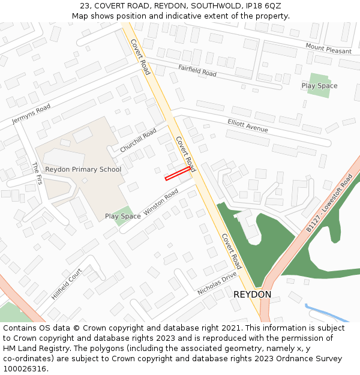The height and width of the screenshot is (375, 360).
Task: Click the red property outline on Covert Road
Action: [x=178, y=174]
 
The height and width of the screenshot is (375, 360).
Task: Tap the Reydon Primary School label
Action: [x=83, y=169]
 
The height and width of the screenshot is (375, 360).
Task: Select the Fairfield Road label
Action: [x=197, y=70]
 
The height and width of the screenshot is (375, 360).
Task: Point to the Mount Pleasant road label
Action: [x=328, y=49]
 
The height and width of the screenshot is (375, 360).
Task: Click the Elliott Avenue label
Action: [x=248, y=125]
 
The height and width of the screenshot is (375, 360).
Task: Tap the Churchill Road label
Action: [x=138, y=140]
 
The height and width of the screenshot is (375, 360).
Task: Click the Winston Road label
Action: [x=161, y=203]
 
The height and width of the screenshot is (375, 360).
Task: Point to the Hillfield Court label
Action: [x=67, y=283]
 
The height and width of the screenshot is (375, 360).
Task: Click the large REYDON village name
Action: [x=252, y=295]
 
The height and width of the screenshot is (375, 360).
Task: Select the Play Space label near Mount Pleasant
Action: [x=319, y=86]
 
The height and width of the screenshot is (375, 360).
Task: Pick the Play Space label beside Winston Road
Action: [x=123, y=216]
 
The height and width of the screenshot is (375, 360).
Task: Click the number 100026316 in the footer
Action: [x=23, y=368]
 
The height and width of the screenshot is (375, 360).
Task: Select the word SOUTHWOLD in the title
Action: [x=206, y=6]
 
